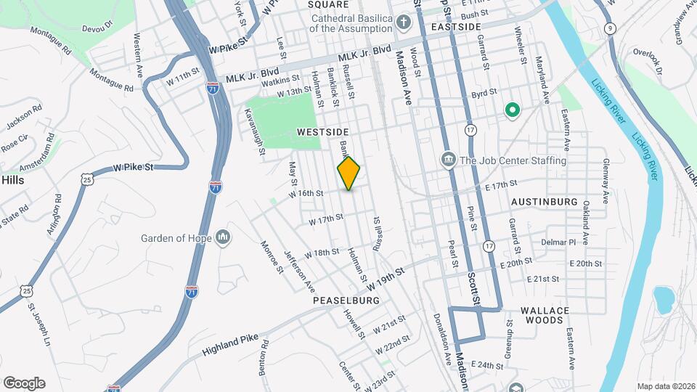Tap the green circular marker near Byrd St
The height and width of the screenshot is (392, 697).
tap(512, 111)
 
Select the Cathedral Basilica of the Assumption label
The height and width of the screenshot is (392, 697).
tap(350, 23)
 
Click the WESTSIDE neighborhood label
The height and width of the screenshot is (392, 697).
tap(323, 132)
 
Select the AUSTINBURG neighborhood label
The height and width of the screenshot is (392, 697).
tap(544, 201)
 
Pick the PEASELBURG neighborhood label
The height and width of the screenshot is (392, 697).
tap(346, 300)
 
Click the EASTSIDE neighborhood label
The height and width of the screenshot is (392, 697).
tap(456, 27)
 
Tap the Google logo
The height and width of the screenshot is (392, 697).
tap(24, 383)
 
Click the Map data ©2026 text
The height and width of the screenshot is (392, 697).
tap(665, 386)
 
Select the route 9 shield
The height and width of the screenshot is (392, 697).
tap(611, 28)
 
